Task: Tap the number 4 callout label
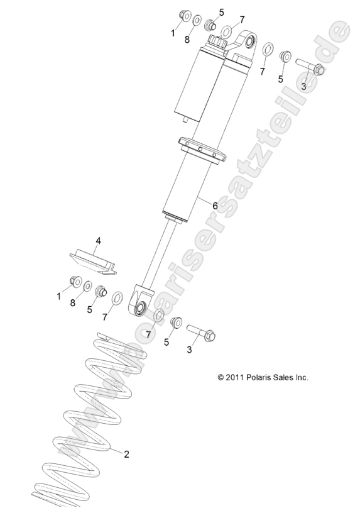pos(98,241)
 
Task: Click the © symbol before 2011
pos(221,378)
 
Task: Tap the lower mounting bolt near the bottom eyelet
pos(200,331)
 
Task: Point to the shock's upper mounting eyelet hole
pos(248,43)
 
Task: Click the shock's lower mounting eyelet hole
pos(139,307)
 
